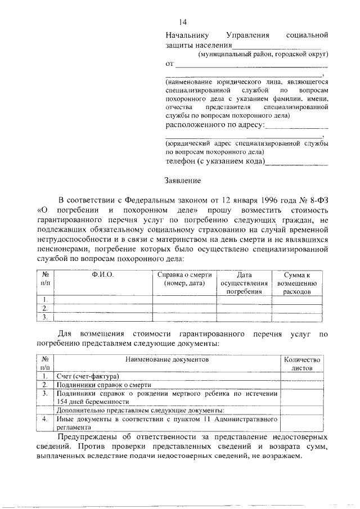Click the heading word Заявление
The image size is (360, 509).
click(182, 181)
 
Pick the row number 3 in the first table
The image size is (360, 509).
click(43, 317)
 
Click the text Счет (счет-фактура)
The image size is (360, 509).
click(88, 375)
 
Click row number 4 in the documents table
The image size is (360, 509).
click(44, 419)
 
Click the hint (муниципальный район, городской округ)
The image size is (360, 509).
click(262, 55)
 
